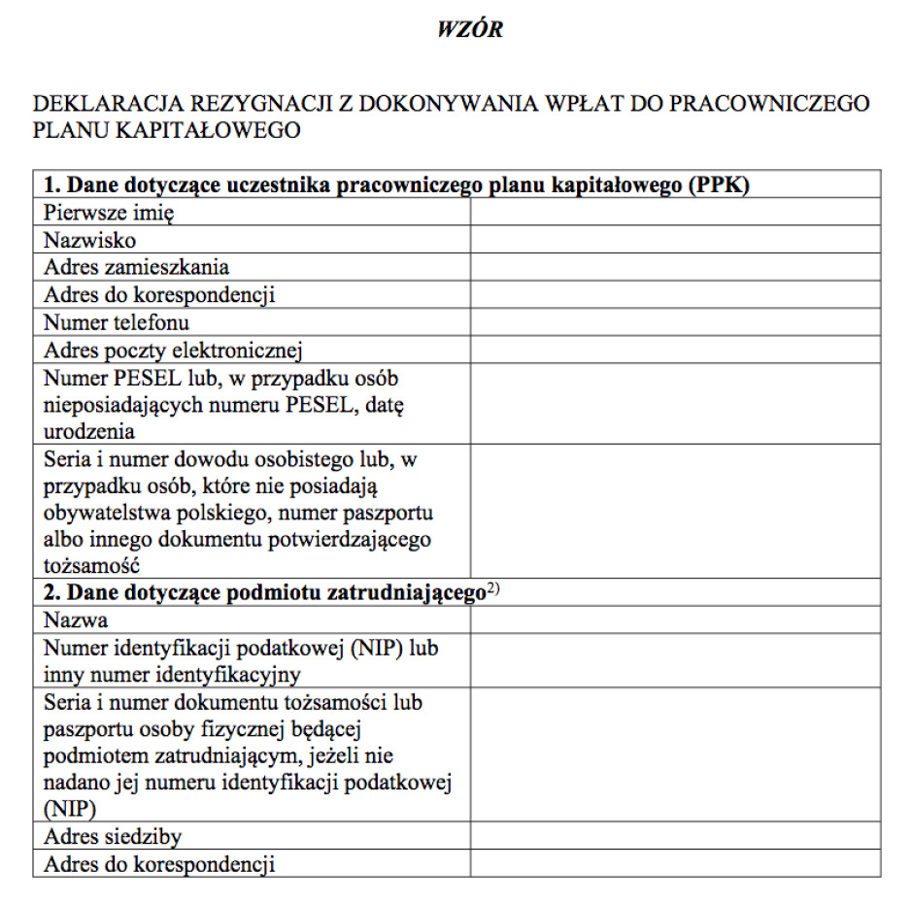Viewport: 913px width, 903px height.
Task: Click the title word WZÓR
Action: (470, 30)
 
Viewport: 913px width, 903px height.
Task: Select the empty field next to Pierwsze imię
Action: (675, 212)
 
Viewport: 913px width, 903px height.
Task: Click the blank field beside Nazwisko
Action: (675, 240)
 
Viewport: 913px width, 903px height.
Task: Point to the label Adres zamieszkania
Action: (137, 267)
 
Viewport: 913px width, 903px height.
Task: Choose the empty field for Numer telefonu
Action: (675, 322)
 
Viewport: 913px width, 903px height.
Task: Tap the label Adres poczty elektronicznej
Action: (174, 350)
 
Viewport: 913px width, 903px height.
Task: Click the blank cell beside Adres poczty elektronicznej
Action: (675, 350)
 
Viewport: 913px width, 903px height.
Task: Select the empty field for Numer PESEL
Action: (675, 404)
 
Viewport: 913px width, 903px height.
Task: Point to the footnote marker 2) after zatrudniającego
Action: (492, 589)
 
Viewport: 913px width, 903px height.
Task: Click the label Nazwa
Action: (76, 619)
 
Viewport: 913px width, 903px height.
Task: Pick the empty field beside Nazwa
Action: (675, 619)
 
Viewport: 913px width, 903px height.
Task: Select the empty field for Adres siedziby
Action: (675, 835)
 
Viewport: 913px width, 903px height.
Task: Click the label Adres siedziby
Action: (113, 836)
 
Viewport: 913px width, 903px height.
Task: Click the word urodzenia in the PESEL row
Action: (89, 431)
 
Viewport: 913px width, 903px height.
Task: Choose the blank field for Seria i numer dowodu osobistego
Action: (675, 511)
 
